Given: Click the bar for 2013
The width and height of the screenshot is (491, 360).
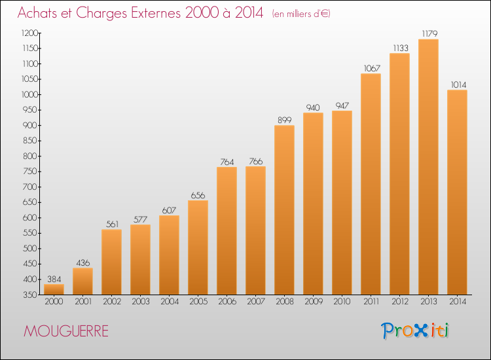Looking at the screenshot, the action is click(428, 167).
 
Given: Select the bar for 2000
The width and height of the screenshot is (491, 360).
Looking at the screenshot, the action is click(54, 289).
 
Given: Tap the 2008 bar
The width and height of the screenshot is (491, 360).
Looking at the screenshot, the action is click(284, 209).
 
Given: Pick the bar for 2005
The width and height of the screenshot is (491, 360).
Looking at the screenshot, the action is click(198, 247).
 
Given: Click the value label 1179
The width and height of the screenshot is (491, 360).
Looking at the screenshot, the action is click(429, 33).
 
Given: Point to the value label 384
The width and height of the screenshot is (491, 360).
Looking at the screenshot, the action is click(54, 279).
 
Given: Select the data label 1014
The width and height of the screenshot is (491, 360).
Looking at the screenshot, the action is click(458, 84).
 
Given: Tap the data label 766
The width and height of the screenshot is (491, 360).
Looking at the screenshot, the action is click(256, 161).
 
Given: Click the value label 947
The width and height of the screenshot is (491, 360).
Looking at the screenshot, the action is click(342, 105).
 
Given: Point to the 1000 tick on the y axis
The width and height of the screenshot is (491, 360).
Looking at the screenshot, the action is click(29, 94).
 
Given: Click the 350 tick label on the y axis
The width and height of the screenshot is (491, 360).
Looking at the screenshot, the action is click(30, 295).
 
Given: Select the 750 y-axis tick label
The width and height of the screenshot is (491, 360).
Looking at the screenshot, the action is click(30, 171).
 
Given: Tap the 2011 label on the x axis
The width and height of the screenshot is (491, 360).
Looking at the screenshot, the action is click(371, 302).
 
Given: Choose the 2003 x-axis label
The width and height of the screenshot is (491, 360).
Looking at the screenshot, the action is click(141, 302).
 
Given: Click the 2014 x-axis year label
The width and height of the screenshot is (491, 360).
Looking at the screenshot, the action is click(458, 302).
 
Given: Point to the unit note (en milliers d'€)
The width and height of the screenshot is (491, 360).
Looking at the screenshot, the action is click(301, 14).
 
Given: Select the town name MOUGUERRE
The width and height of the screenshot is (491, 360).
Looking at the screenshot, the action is click(66, 331).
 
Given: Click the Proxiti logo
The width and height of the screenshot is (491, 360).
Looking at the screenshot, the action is click(415, 331).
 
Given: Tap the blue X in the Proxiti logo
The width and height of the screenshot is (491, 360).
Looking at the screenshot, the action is click(420, 331).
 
